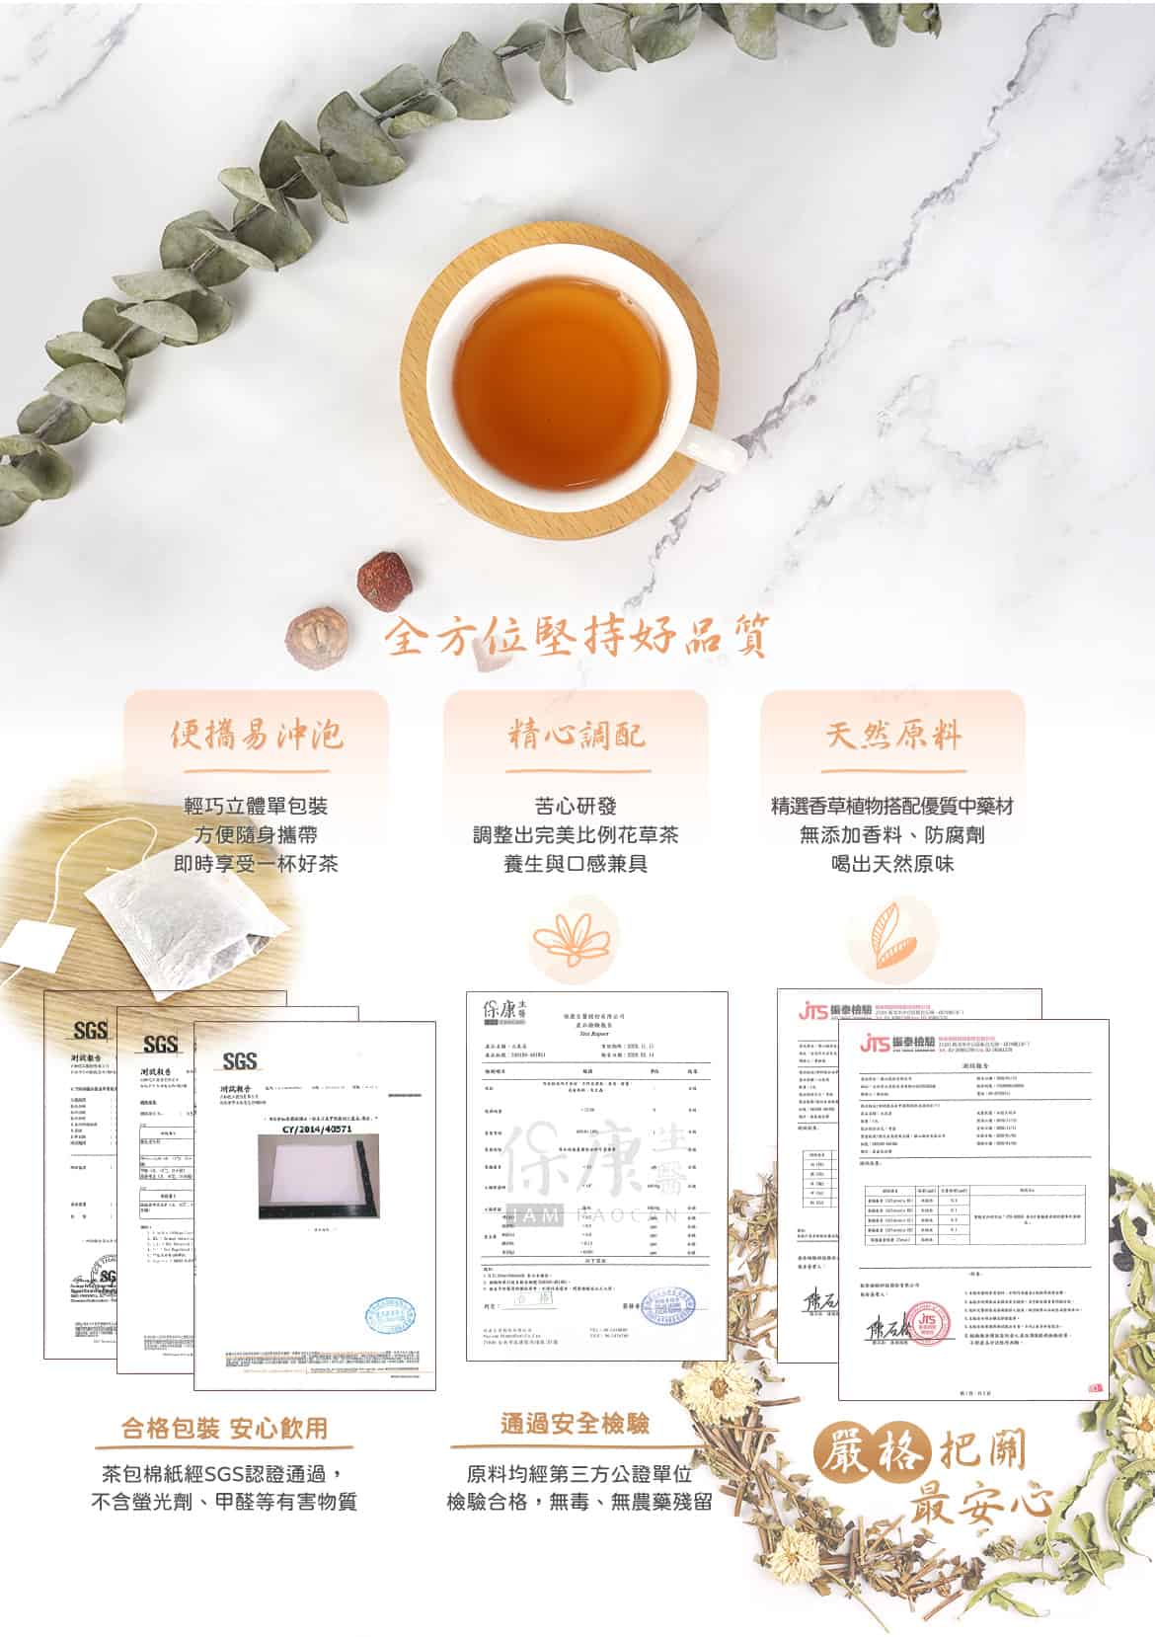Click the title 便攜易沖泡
click(257, 735)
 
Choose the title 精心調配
click(577, 735)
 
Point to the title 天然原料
click(893, 735)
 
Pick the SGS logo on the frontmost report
click(240, 1061)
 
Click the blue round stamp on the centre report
click(668, 1304)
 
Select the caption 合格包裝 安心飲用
click(224, 1428)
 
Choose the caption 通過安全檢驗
click(576, 1424)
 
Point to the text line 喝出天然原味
click(893, 864)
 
